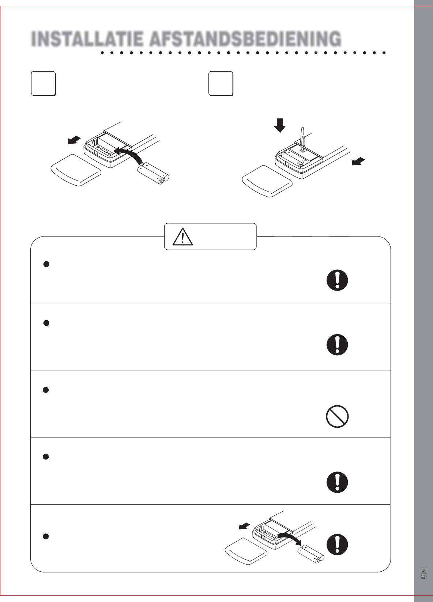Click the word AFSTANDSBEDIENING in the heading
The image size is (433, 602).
tap(245, 39)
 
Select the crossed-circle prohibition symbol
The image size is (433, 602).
tap(337, 416)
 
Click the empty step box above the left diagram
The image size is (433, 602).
tap(44, 84)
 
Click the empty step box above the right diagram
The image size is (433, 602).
tap(221, 84)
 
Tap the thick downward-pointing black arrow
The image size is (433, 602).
tap(280, 125)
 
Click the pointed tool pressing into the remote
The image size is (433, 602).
tap(303, 139)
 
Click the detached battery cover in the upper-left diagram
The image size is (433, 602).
tap(76, 170)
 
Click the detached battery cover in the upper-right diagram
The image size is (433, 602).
tap(267, 181)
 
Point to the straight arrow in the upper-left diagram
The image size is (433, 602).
tap(74, 140)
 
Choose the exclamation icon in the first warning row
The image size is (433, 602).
tap(337, 280)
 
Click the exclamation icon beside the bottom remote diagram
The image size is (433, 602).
tap(337, 544)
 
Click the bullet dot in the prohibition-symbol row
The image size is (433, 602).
tap(46, 390)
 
